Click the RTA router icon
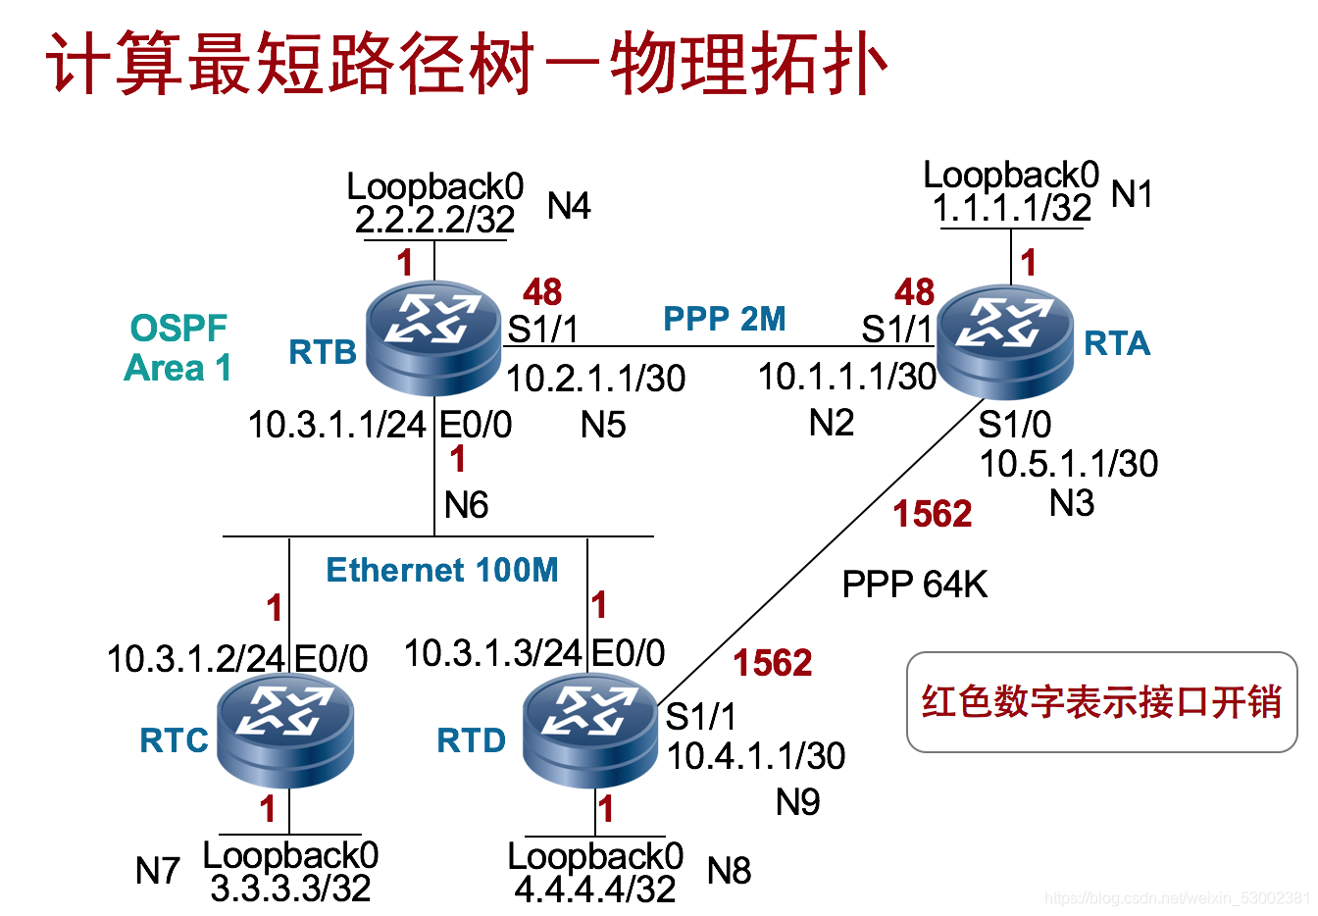[x=1005, y=338]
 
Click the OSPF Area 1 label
[x=177, y=348]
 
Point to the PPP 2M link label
[x=724, y=319]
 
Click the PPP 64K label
[x=914, y=585]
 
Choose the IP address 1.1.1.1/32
[x=1011, y=208]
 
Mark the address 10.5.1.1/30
[x=1068, y=463]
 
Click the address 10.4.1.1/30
[x=755, y=755]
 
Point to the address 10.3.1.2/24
[x=195, y=658]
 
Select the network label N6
[x=466, y=505]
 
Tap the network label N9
[x=797, y=802]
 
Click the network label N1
[x=1132, y=194]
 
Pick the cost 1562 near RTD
[x=773, y=663]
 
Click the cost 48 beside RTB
[x=541, y=291]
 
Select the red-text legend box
[x=1101, y=701]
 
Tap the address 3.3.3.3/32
[x=290, y=889]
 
